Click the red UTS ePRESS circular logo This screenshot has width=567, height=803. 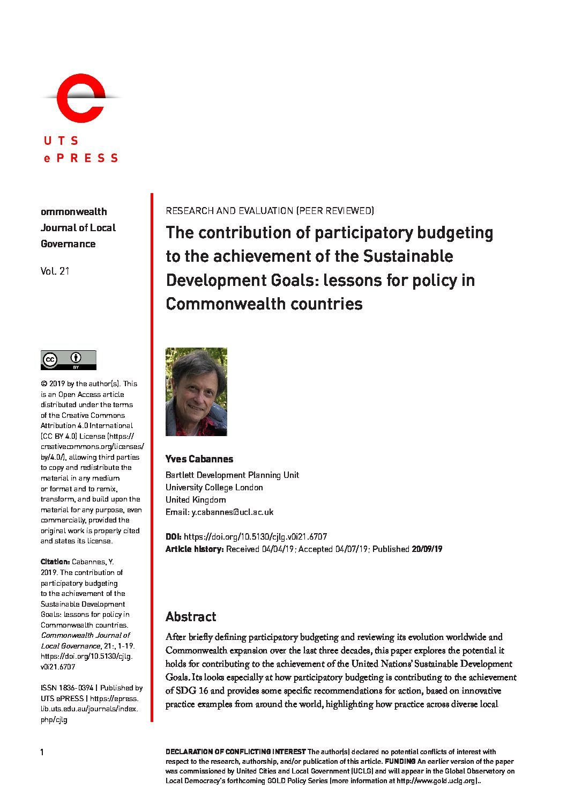tap(81, 98)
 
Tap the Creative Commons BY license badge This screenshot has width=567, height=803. tap(68, 360)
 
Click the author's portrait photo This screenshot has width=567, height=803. tap(196, 392)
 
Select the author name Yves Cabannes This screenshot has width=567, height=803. tap(199, 459)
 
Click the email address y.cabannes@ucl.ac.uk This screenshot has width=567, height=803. tap(232, 512)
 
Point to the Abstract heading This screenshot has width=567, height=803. tap(191, 617)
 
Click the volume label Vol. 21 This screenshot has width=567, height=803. tap(55, 271)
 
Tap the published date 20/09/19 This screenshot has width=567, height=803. tap(427, 549)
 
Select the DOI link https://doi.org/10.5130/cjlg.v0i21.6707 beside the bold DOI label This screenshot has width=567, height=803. tap(255, 536)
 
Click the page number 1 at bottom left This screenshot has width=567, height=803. tap(42, 752)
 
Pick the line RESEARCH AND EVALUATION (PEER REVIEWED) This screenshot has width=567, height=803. tap(270, 211)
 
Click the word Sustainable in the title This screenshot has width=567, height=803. tap(408, 256)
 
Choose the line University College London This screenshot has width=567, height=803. tap(214, 487)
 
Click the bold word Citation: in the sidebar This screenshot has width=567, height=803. tap(55, 562)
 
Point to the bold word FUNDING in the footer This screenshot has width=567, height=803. tap(400, 761)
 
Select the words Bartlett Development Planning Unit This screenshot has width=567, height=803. tap(232, 475)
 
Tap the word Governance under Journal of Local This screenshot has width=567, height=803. tap(68, 244)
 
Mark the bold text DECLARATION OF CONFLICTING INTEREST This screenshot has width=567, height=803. tap(235, 752)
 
